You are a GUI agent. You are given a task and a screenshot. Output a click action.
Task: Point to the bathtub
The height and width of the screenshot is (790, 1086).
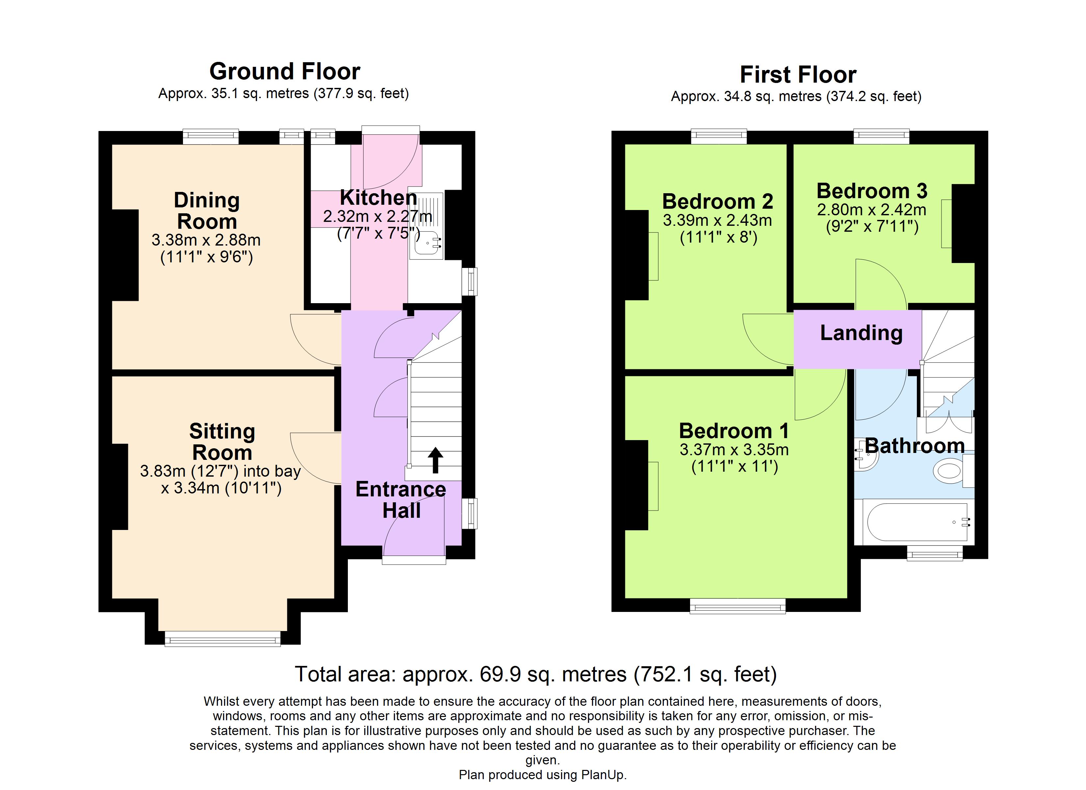coord(915,522)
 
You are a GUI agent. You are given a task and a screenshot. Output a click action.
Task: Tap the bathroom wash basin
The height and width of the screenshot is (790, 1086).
coord(866,461)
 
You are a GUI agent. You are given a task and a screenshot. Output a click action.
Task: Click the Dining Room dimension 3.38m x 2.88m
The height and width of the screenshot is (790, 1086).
coord(206,240)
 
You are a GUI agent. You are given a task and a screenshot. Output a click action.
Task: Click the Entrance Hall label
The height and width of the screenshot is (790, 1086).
coord(401,500)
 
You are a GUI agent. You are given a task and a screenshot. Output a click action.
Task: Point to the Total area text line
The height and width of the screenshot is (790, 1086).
coord(535,674)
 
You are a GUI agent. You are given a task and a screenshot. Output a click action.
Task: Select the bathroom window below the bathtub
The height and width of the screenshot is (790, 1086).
coord(935,555)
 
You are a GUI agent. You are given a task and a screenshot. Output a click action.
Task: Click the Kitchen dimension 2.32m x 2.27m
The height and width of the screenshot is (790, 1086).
coord(377,217)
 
